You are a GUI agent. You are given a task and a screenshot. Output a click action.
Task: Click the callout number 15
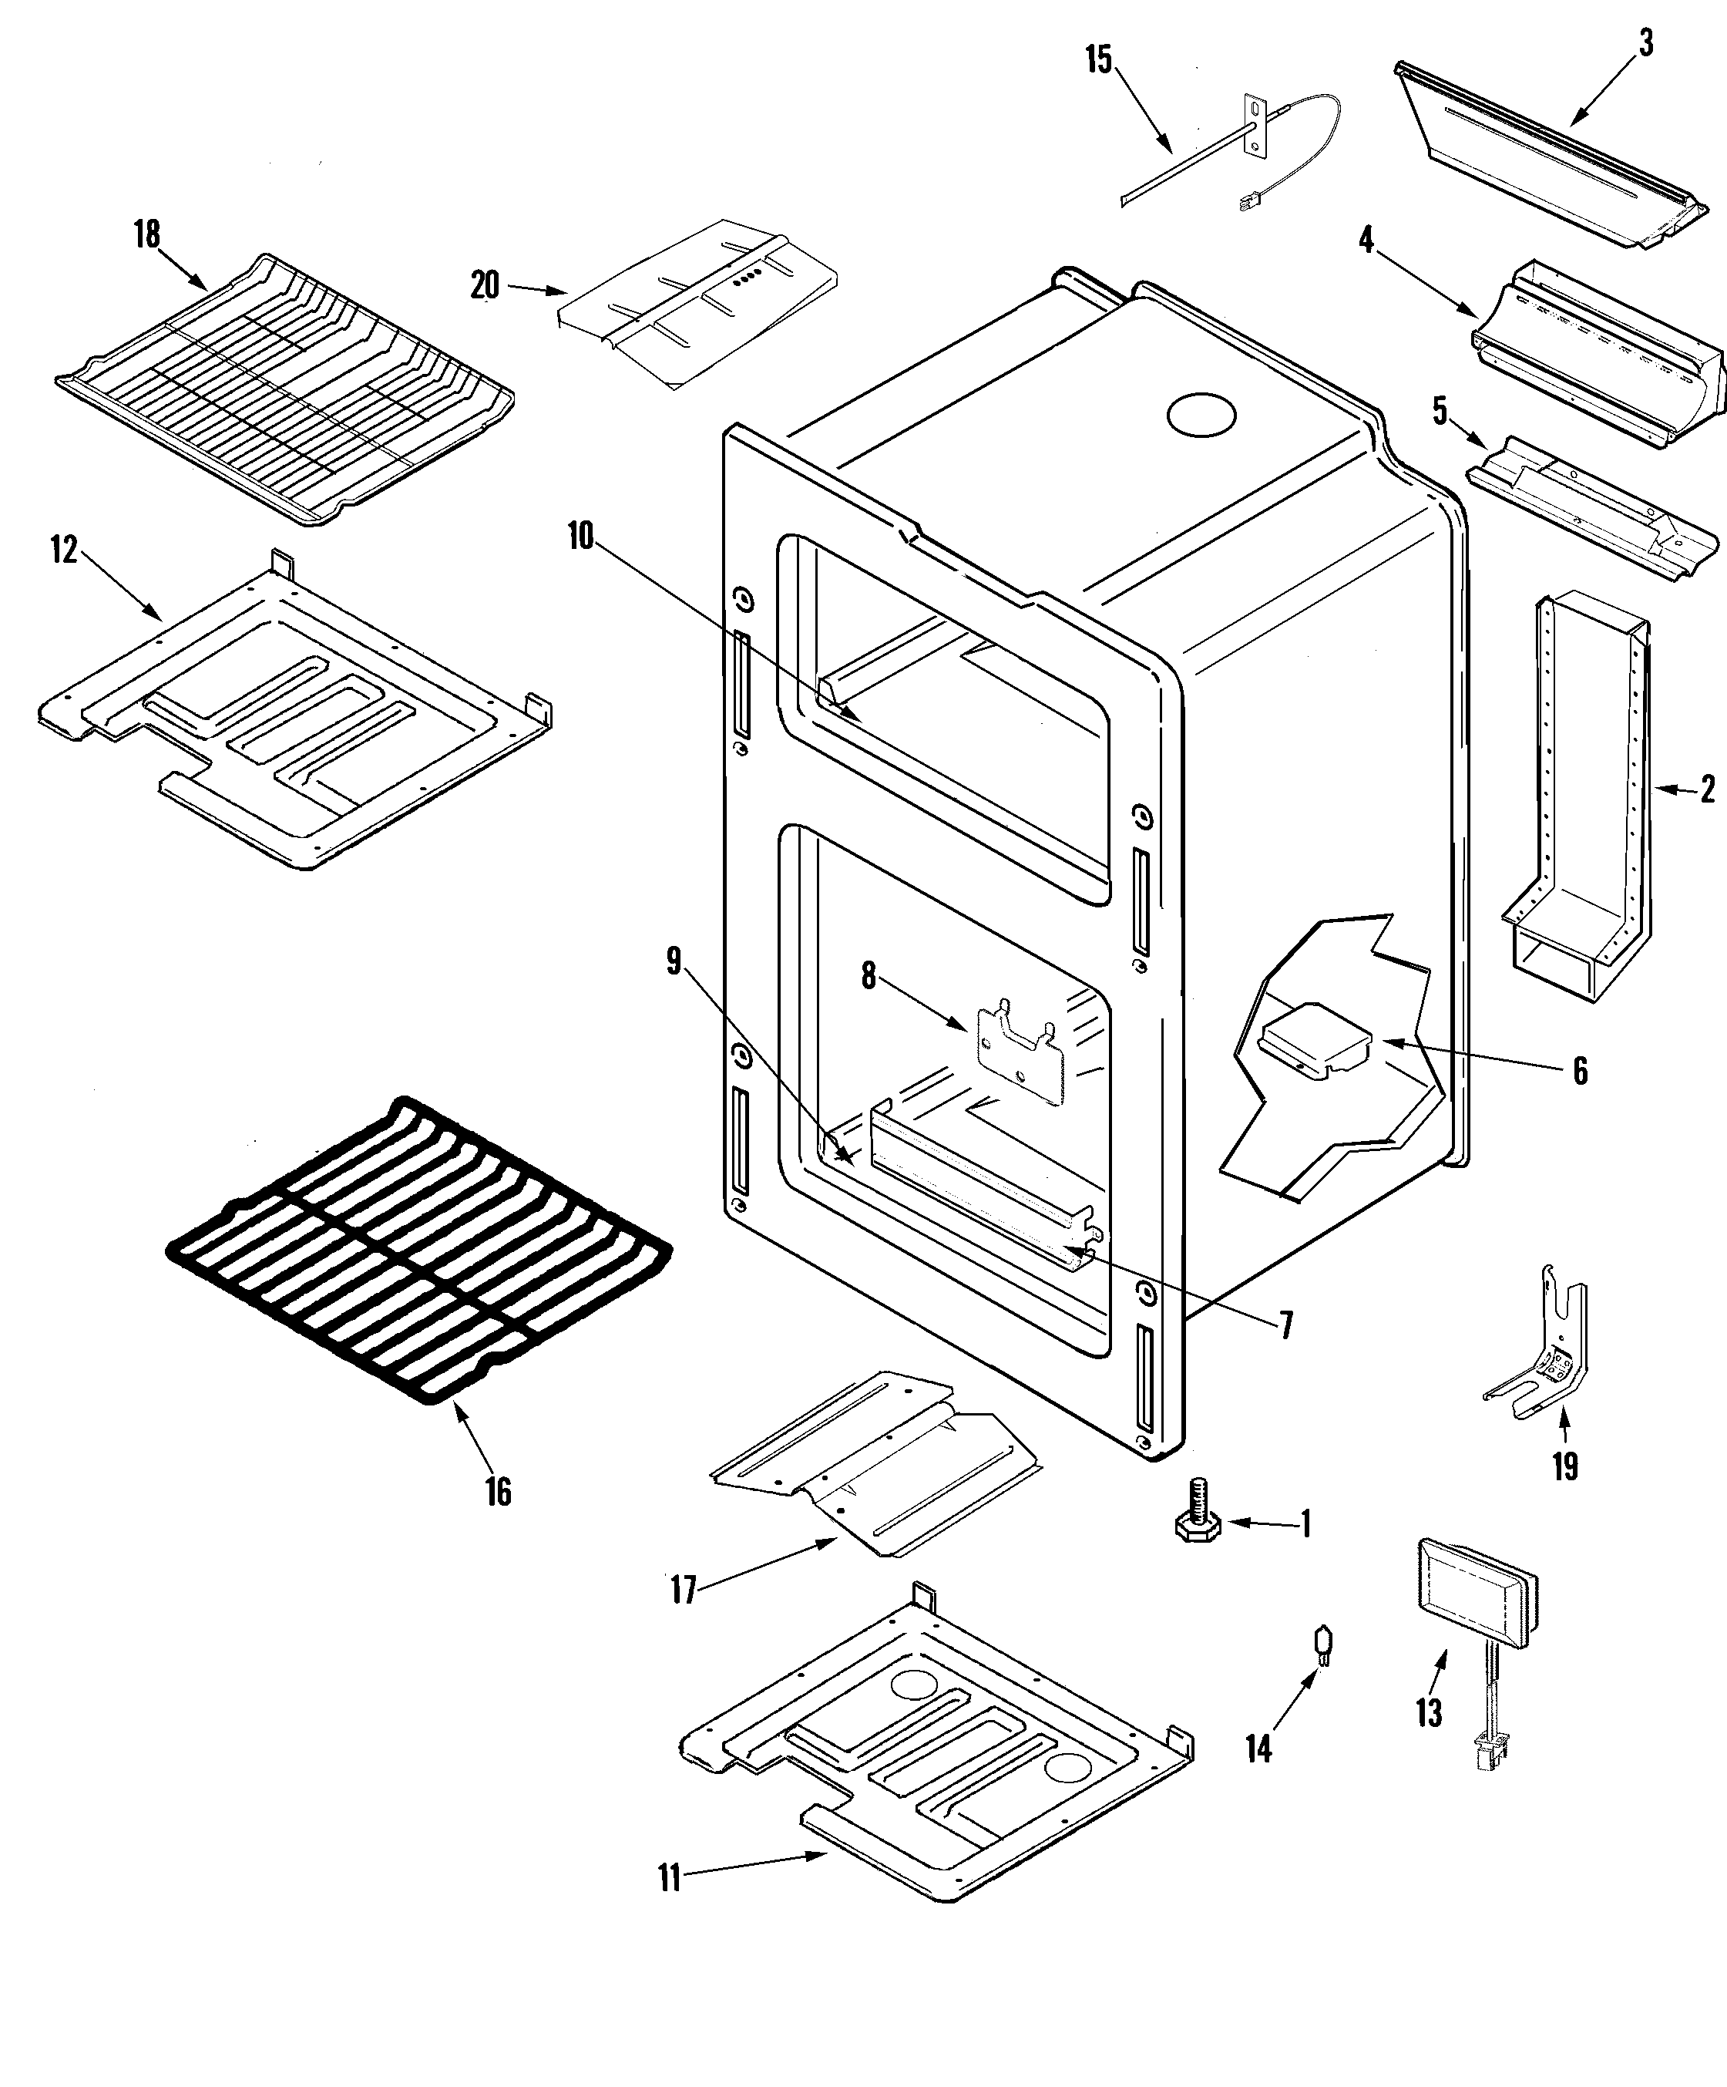click(1098, 59)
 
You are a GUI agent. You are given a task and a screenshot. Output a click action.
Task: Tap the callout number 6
click(1580, 1072)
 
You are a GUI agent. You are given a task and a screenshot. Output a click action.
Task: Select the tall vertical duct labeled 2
click(1580, 795)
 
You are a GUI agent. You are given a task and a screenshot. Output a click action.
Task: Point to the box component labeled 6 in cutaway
click(1314, 1044)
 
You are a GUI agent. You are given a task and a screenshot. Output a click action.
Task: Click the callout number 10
click(580, 537)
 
